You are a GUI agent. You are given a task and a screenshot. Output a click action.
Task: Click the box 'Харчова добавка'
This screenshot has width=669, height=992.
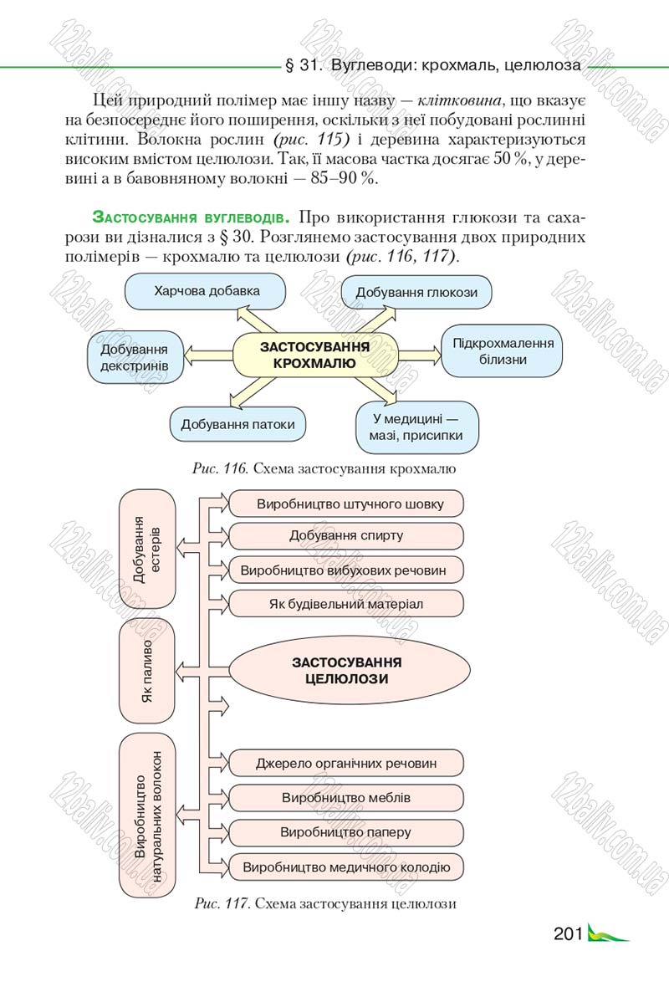206,292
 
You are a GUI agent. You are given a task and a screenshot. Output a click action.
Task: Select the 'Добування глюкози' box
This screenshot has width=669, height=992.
416,293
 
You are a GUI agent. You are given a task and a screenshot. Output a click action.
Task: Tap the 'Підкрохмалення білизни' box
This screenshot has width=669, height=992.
502,351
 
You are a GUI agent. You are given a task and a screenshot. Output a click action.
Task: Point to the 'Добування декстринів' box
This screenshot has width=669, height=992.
135,357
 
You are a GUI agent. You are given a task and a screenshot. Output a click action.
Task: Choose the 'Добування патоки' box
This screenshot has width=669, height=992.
237,425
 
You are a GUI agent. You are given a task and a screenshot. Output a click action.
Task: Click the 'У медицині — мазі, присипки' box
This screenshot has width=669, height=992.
416,427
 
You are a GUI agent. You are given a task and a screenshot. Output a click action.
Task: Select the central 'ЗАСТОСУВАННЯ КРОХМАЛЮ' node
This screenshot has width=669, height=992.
315,355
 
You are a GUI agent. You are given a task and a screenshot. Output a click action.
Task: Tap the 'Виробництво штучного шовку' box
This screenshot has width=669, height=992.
346,504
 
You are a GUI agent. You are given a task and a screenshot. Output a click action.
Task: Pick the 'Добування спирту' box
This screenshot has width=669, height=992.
346,536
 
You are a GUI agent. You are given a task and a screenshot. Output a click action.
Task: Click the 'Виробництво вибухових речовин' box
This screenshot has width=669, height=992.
346,570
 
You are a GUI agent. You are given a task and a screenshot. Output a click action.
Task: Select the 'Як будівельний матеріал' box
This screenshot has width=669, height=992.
346,604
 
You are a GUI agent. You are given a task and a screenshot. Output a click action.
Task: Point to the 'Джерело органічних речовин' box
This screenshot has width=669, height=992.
346,764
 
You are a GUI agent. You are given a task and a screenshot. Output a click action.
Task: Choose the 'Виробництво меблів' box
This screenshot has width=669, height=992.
346,798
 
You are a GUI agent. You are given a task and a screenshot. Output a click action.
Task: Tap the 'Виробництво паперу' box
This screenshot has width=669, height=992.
346,832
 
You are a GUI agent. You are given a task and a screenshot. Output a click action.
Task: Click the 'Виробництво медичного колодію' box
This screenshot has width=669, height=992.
346,867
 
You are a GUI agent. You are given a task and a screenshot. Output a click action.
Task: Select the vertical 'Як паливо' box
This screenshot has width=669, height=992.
146,671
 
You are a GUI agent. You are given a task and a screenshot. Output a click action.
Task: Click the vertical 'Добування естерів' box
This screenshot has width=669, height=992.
146,549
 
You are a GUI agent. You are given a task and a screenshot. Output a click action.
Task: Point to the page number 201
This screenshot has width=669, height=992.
567,933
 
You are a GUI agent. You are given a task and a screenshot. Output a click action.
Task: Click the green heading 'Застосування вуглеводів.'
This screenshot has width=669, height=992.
191,217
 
